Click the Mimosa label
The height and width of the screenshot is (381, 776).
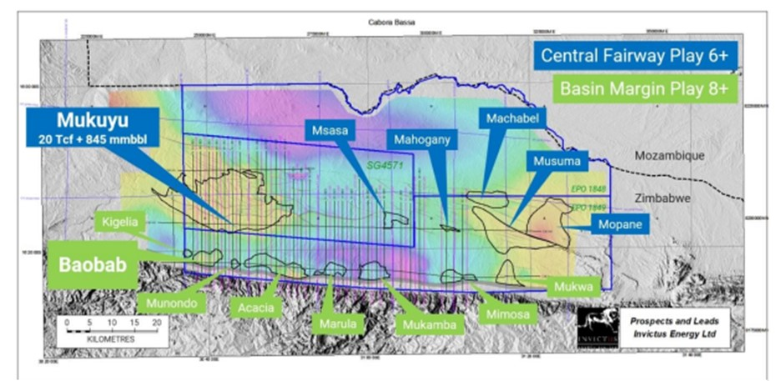tap(506, 314)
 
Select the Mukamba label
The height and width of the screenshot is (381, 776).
tap(429, 324)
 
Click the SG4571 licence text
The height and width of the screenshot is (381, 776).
tap(383, 166)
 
